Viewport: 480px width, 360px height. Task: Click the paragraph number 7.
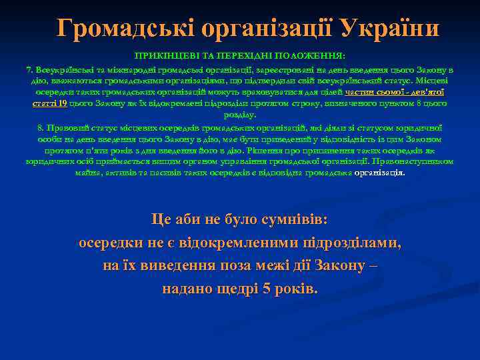29,69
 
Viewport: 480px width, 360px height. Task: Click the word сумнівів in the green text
293,219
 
